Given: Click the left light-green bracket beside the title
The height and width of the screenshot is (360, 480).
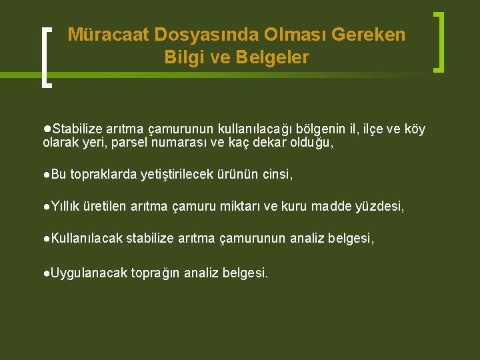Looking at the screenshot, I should (x=46, y=57).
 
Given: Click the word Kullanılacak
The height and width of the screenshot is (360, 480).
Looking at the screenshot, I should (x=87, y=239).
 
